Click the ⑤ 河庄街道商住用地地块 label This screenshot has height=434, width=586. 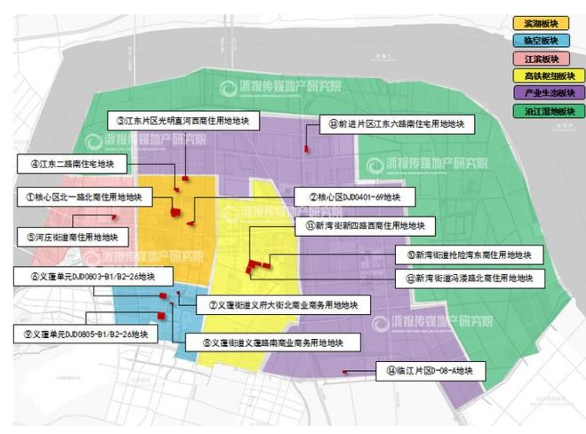coord(73,237)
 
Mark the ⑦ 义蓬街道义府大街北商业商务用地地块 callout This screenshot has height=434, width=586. coord(282,304)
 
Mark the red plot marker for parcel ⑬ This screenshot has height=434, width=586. coord(308,149)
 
